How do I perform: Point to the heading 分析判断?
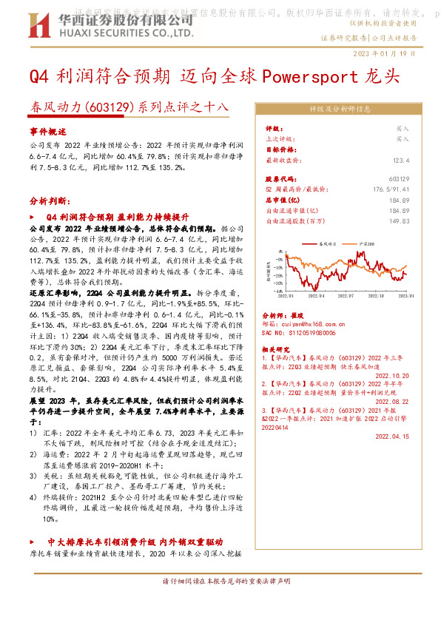pyautogui.click(x=50, y=201)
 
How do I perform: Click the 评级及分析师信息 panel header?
pyautogui.click(x=340, y=109)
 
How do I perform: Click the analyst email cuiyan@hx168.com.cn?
pyautogui.click(x=297, y=323)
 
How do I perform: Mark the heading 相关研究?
pyautogui.click(x=278, y=346)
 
